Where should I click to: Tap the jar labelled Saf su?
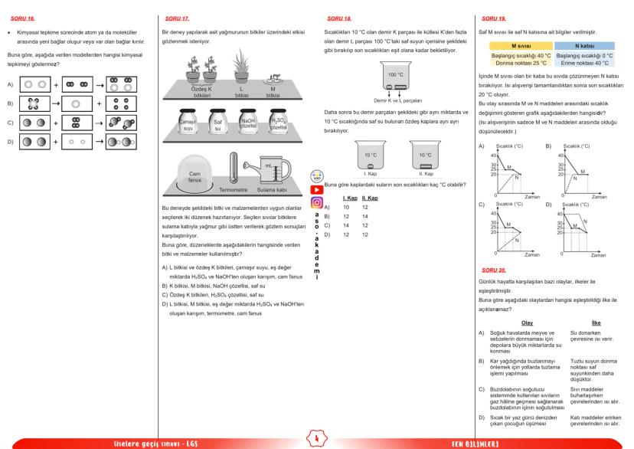217,123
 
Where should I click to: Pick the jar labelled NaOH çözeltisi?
248,123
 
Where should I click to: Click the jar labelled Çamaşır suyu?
188,123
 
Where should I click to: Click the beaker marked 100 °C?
395,78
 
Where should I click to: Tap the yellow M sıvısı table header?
510,47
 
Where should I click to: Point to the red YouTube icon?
316,190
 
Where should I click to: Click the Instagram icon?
316,203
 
